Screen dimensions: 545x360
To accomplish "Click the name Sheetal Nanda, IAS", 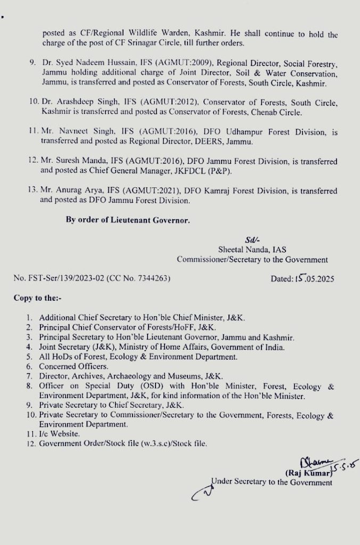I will point(252,249).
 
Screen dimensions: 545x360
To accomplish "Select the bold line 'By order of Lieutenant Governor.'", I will point(128,220).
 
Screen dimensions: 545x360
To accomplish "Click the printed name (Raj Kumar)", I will point(305,472).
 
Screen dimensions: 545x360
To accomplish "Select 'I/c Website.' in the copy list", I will point(60,434).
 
